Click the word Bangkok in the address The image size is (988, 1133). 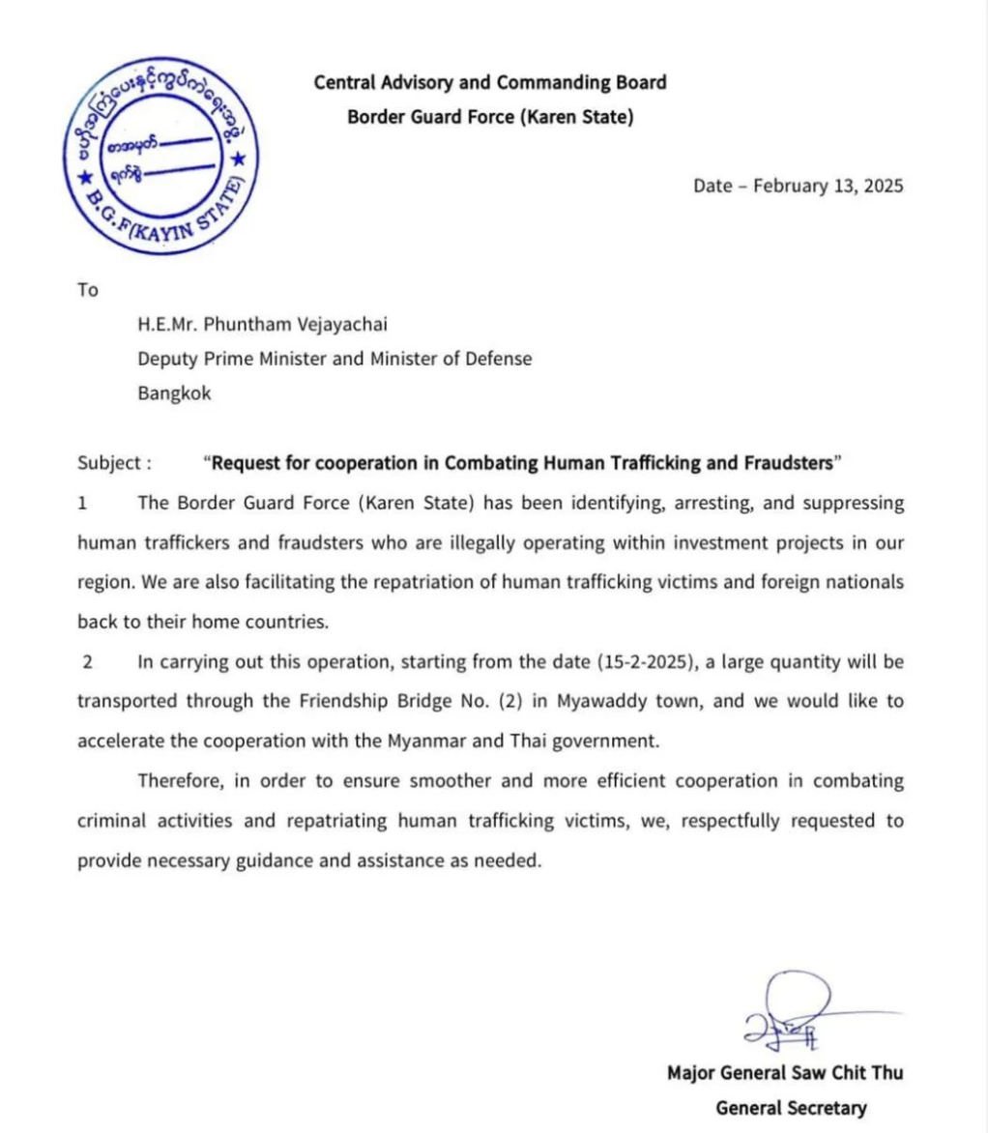[x=174, y=393]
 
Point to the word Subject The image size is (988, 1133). [x=109, y=462]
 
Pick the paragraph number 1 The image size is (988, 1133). [x=82, y=503]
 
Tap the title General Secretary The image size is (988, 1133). [x=791, y=1108]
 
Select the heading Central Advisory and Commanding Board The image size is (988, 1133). [x=490, y=83]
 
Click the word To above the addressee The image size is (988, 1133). [x=88, y=290]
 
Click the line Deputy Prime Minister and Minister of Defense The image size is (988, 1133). [x=334, y=359]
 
